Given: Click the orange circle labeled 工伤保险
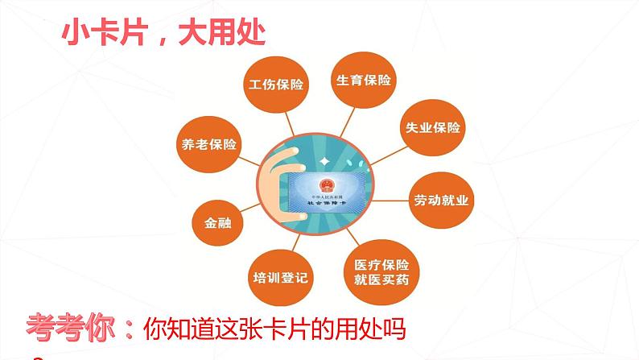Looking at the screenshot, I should click(x=276, y=84).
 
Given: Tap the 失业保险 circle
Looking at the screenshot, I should click(x=431, y=127).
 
